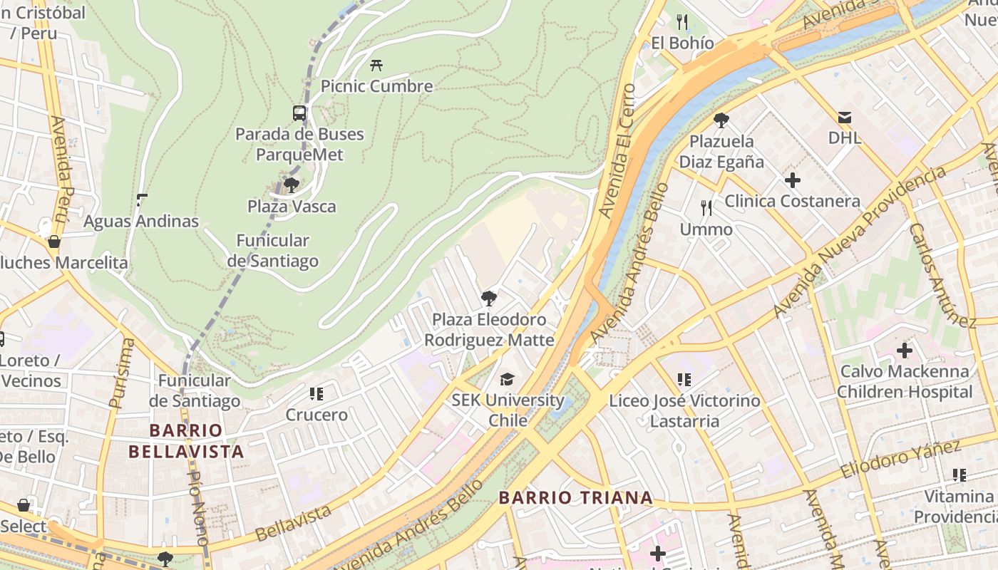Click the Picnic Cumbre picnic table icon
click(376, 66)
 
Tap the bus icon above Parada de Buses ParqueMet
click(299, 113)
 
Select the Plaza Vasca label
click(292, 207)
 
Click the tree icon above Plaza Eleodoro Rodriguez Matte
click(489, 299)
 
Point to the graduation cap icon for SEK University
click(507, 379)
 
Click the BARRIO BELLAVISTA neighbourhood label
click(186, 441)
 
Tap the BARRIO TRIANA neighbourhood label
click(575, 497)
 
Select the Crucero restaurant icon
click(317, 394)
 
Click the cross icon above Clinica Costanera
click(792, 180)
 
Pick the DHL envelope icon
click(845, 117)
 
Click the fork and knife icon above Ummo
click(706, 208)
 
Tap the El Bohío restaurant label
click(682, 43)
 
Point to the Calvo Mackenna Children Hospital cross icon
click(905, 351)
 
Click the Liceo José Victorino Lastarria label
click(684, 411)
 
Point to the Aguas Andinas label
click(141, 222)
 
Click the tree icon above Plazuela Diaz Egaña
click(721, 120)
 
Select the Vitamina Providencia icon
click(960, 475)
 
